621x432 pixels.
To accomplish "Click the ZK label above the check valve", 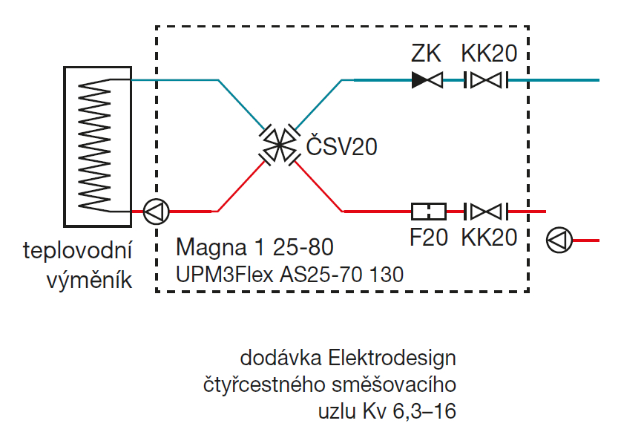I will (x=426, y=53).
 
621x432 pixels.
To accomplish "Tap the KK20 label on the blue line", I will (x=489, y=53).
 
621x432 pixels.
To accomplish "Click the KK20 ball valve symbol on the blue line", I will (x=486, y=79).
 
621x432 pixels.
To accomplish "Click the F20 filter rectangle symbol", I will (x=428, y=212).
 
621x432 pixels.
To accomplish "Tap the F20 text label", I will (x=428, y=238).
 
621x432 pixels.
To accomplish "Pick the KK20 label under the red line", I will (x=489, y=238).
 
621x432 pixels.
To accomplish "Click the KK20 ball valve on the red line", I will (x=486, y=212).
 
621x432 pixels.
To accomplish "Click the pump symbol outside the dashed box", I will (x=559, y=239).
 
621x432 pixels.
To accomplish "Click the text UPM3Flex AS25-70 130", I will (x=289, y=274).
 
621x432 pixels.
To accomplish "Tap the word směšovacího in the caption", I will (x=387, y=384).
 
